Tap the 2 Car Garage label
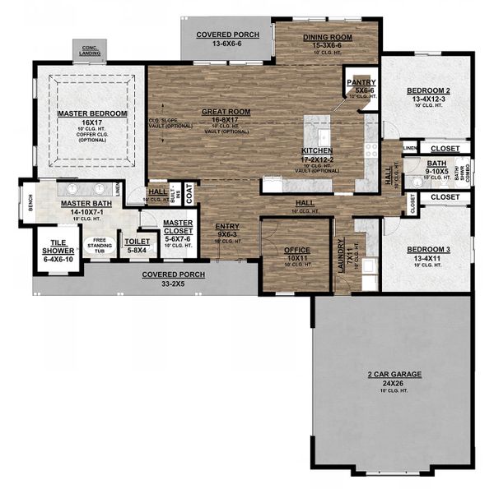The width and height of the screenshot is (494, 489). [394, 374]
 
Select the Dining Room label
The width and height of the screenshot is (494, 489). [327, 37]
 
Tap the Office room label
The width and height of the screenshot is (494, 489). [296, 250]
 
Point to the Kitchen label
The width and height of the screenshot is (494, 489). [317, 151]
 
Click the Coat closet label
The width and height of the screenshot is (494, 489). [189, 196]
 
